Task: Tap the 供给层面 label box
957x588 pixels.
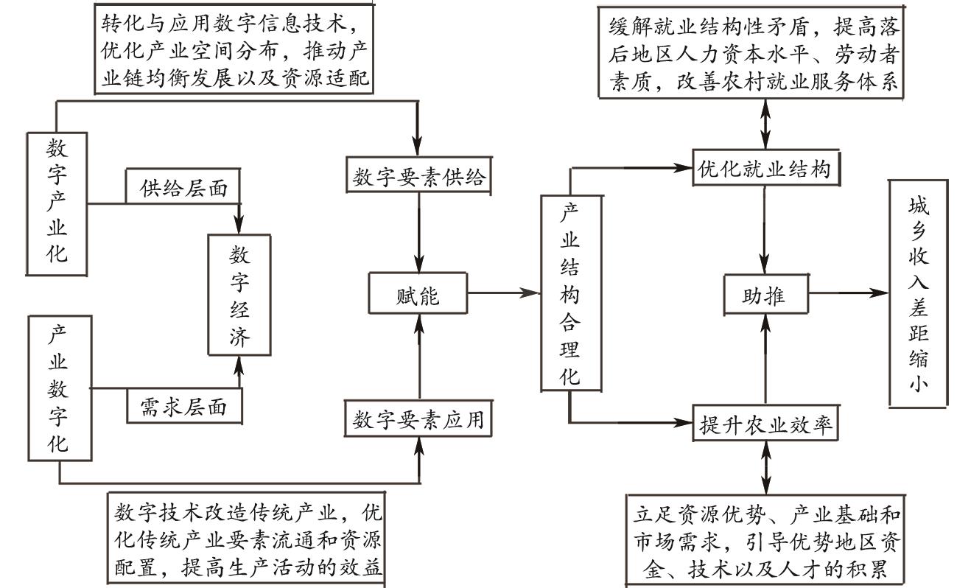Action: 183,189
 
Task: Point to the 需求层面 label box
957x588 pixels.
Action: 183,405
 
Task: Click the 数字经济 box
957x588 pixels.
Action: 239,296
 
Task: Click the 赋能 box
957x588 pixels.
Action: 418,295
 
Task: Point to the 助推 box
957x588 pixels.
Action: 765,295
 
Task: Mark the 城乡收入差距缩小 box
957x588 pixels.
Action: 918,293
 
